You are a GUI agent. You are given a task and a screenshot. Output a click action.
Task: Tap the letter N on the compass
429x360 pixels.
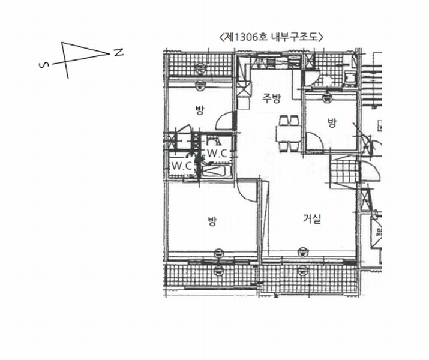118,52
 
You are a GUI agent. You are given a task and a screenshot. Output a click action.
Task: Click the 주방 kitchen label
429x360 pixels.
271,98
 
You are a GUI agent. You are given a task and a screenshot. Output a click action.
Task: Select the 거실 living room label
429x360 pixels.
312,219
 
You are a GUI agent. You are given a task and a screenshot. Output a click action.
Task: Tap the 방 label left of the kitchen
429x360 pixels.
199,110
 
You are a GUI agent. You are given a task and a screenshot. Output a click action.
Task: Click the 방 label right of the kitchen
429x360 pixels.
332,123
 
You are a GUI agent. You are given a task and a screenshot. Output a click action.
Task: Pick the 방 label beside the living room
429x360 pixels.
212,221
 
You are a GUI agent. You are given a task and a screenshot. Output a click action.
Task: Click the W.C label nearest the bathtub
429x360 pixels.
217,154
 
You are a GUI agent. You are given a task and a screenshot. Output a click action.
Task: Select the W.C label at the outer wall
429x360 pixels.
181,166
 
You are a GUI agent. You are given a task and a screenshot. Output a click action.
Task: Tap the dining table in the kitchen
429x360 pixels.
289,134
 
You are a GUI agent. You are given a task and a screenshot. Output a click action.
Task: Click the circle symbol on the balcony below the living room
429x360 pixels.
302,271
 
